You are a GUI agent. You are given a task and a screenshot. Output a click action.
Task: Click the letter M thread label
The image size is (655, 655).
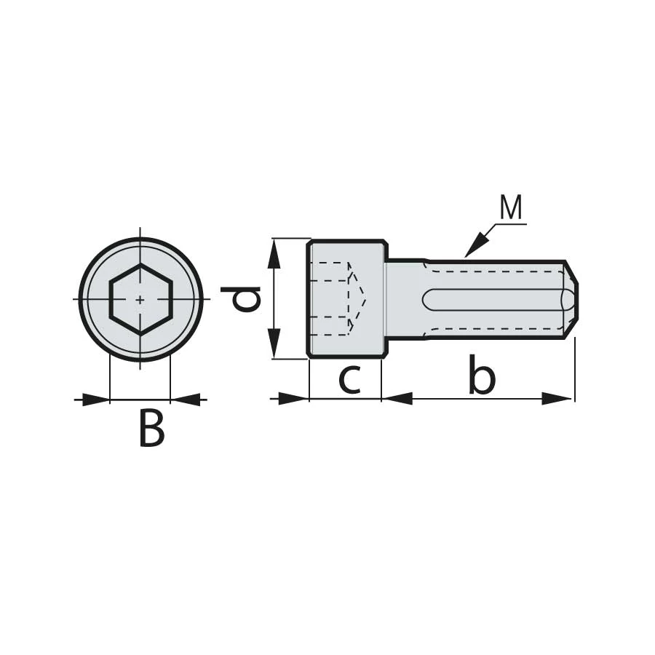511,207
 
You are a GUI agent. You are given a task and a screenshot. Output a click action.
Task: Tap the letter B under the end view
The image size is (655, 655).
151,428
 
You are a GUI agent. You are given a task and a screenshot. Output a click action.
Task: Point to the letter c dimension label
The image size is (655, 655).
349,380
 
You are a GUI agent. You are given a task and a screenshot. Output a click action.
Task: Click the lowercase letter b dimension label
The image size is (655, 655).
482,375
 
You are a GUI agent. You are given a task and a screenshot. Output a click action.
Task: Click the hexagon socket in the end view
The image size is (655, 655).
140,299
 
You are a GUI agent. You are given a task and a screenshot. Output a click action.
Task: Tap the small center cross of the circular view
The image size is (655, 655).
140,299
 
